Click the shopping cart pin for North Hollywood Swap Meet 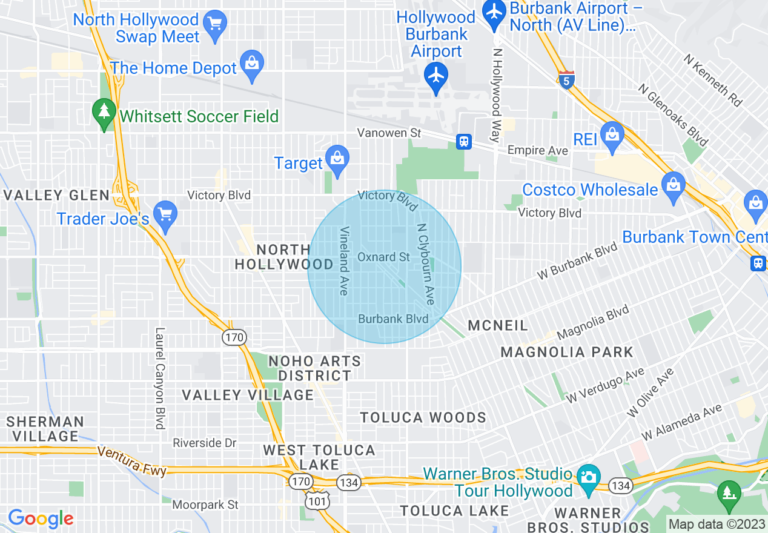[214, 24]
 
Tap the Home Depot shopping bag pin [251, 64]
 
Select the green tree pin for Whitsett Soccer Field [104, 112]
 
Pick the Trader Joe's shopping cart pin [165, 214]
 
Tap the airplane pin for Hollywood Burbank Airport [436, 76]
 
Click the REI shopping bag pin [612, 134]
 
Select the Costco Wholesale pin [672, 185]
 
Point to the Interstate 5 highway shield [566, 80]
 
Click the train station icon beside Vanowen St [464, 142]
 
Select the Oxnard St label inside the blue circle [383, 257]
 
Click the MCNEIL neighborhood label [498, 326]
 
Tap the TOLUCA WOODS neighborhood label [423, 417]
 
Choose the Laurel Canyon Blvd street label [160, 378]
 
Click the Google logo [41, 518]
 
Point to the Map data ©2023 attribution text [716, 524]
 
